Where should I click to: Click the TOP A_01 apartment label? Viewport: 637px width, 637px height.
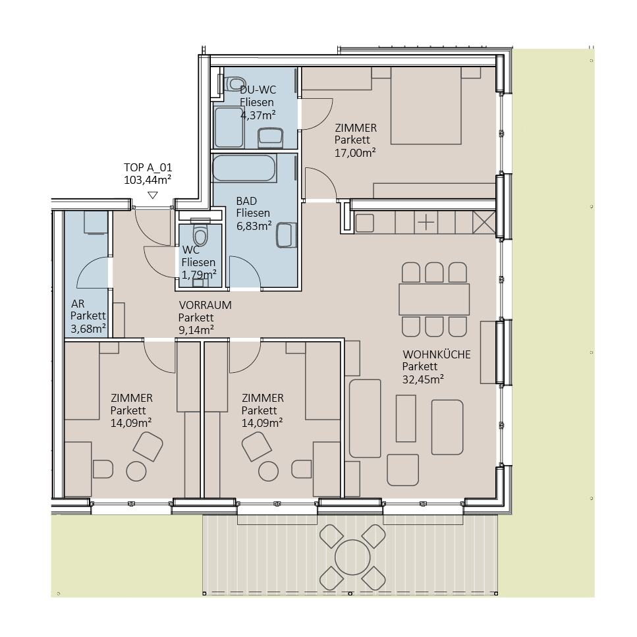point(148,167)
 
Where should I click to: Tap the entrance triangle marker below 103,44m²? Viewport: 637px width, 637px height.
point(152,196)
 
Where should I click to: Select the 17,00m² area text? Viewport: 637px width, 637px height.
point(354,153)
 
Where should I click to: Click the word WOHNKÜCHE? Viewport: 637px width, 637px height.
point(436,354)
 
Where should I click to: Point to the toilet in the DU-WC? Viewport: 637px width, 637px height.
point(233,84)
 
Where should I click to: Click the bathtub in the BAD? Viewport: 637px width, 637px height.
point(245,168)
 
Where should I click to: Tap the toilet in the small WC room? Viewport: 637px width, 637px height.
point(200,235)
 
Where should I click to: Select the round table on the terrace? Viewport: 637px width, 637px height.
point(352,557)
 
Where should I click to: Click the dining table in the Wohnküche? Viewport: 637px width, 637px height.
point(434,300)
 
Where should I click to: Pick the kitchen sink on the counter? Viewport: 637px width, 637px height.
point(364,223)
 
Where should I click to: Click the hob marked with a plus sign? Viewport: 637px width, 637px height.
point(426,222)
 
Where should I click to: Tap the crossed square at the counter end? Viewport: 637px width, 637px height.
point(484,222)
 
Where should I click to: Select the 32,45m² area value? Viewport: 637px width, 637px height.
point(423,379)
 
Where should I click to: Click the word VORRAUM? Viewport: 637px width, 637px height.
point(205,305)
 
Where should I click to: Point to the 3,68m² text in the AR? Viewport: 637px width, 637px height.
point(88,329)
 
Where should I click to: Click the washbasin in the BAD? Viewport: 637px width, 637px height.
point(286,235)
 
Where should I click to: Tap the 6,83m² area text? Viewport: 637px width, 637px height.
point(254,226)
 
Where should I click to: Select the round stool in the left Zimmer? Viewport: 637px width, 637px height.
point(136,472)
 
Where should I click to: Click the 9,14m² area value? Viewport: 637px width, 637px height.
point(196,330)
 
